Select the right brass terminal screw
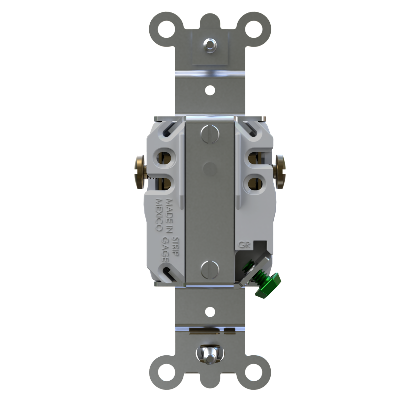pos(280,171)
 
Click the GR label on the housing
pos(243,244)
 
